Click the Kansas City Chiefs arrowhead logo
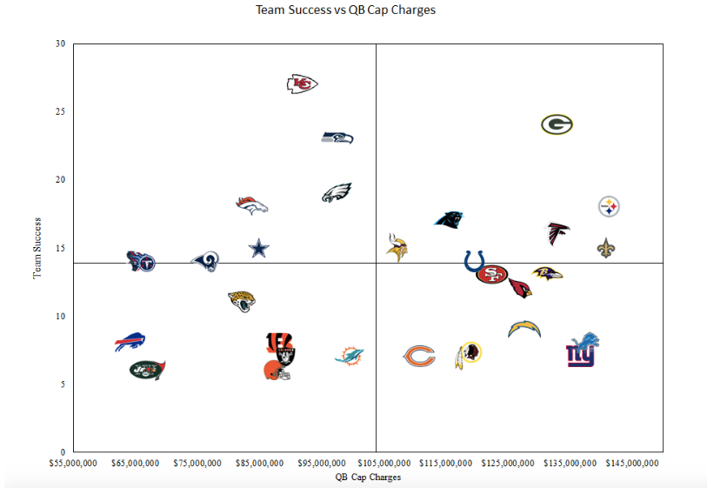point(302,84)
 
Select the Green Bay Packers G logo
point(557,124)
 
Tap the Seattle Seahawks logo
point(337,137)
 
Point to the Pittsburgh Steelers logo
point(610,207)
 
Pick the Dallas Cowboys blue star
point(259,249)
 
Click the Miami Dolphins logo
point(349,356)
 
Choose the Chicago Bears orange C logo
point(419,356)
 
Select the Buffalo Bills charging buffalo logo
point(130,342)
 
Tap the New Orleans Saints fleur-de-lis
point(606,248)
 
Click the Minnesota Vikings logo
point(397,247)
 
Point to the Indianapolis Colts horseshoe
point(474,261)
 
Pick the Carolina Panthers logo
point(449,219)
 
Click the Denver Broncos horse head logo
point(252,205)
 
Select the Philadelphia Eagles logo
point(337,193)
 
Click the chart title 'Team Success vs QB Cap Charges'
point(345,10)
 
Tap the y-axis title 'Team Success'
point(37,248)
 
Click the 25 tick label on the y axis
point(61,111)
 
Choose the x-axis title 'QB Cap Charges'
point(368,477)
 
